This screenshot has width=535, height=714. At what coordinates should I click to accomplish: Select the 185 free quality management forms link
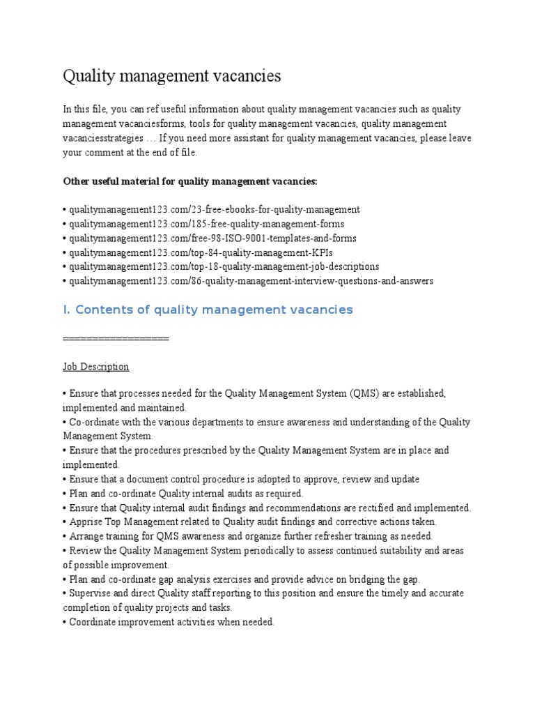click(206, 224)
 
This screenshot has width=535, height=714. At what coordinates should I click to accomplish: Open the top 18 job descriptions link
click(224, 266)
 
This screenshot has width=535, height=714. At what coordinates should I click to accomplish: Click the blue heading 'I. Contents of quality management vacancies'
click(208, 310)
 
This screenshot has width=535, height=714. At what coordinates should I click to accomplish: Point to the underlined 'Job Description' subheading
click(95, 366)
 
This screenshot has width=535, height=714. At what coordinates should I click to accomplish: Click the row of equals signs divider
click(116, 338)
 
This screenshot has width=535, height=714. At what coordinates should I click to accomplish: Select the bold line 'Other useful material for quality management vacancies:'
click(189, 181)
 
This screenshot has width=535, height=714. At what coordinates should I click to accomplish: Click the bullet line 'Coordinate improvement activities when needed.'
click(171, 622)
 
